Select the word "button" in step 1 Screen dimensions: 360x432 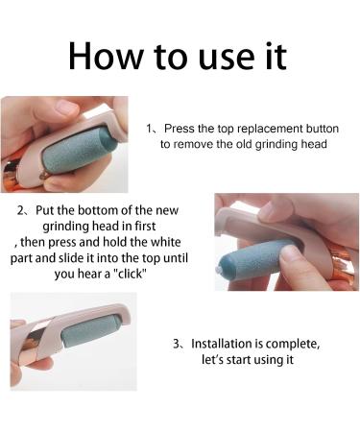point(323,129)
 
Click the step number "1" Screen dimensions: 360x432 point(150,129)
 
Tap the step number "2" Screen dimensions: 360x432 point(21,211)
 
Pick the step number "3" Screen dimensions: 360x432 point(177,344)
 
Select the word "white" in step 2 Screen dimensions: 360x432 point(165,242)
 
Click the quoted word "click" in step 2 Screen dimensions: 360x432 point(131,274)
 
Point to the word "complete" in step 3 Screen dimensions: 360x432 point(292,345)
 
